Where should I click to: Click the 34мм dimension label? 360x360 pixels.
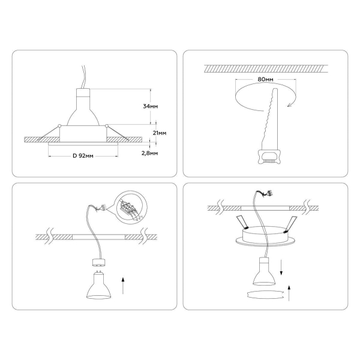[151, 106]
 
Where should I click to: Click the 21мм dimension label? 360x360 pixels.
[160, 133]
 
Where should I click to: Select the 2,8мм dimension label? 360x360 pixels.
[149, 153]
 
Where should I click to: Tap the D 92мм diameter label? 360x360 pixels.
[83, 156]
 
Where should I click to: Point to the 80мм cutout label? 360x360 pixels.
[265, 79]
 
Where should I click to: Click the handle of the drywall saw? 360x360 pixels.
[269, 157]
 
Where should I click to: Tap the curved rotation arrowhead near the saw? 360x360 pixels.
[290, 105]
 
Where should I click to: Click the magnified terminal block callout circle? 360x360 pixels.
[131, 206]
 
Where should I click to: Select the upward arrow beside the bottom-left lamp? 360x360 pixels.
[123, 286]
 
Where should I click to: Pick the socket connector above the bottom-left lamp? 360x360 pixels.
[99, 262]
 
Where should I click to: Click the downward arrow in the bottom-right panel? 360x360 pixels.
[281, 268]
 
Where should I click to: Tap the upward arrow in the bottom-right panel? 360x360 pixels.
[289, 293]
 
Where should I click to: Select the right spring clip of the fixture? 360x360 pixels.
[290, 224]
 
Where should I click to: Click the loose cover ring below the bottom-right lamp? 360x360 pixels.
[265, 295]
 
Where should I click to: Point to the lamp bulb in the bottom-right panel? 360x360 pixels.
[264, 271]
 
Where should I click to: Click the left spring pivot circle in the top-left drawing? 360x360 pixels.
[59, 125]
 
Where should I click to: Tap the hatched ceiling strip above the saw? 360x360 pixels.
[266, 68]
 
